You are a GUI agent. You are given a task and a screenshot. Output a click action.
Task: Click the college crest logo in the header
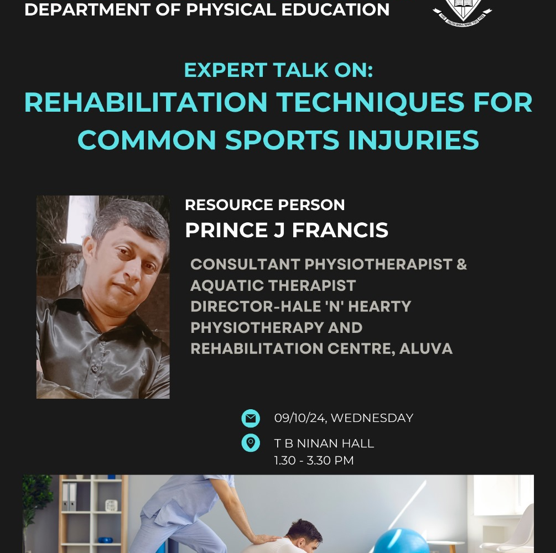tap(463, 12)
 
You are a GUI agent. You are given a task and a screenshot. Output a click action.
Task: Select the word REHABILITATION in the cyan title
tap(146, 102)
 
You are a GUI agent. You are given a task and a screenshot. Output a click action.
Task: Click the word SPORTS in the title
tap(283, 140)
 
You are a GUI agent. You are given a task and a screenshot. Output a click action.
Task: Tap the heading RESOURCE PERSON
tap(265, 205)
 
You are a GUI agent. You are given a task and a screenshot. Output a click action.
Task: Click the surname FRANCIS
tap(340, 230)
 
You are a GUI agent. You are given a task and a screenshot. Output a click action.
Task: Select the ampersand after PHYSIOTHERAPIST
tap(462, 264)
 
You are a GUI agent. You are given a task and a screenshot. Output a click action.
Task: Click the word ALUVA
tap(426, 349)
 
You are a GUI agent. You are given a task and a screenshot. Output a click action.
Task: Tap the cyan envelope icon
tap(251, 418)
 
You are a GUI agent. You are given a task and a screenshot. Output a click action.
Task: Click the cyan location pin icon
tap(251, 443)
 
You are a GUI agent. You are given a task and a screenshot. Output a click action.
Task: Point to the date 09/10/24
tap(300, 418)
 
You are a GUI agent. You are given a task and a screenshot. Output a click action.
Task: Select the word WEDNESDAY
tap(372, 418)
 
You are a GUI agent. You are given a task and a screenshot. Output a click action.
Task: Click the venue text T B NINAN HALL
tap(324, 444)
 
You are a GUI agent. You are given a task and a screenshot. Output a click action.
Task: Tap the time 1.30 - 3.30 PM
tap(314, 461)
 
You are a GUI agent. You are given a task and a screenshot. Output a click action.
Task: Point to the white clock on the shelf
tap(111, 505)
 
